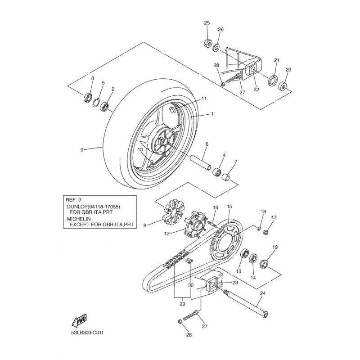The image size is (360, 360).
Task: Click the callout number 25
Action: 207,23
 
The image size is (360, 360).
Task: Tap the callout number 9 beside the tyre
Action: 82,150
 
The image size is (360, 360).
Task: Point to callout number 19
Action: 275,247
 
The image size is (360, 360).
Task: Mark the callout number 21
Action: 276,60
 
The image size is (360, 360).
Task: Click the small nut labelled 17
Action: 266,233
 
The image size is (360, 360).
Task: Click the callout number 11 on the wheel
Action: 203,98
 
